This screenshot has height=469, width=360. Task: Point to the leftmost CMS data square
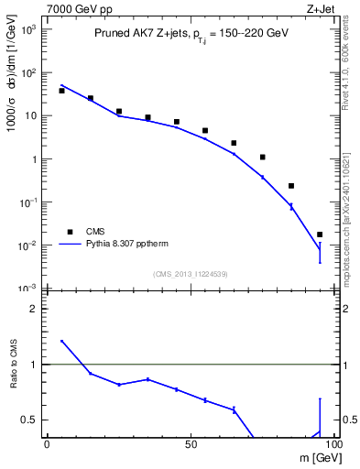[61, 91]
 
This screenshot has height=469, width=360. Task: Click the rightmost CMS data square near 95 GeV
[320, 234]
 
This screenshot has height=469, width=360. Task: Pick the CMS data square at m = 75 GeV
[262, 157]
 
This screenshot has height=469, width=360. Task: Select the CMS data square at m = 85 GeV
[291, 186]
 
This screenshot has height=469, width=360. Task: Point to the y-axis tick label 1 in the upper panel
[34, 159]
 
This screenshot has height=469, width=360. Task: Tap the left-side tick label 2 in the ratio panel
[34, 310]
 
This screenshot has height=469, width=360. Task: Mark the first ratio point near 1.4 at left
[61, 341]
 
